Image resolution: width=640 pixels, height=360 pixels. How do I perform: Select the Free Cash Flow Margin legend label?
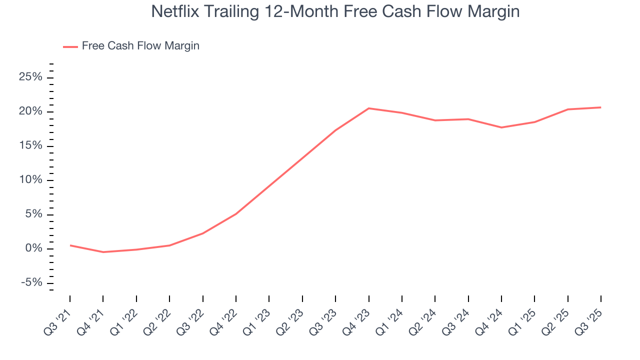click(140, 46)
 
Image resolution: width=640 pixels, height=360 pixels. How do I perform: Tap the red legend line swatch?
click(70, 46)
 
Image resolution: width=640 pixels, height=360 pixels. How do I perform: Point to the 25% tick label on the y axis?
click(30, 77)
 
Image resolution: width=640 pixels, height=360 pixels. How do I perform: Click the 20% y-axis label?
click(30, 111)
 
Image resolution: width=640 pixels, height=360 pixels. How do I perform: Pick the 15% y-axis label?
click(30, 146)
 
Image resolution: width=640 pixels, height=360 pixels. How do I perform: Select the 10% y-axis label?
click(30, 180)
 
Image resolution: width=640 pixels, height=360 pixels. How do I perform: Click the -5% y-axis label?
click(31, 283)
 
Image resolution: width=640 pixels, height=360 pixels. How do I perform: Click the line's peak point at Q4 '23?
click(368, 108)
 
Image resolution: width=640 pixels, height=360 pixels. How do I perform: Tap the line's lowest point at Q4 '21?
click(103, 252)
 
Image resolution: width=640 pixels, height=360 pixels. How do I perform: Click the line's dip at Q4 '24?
click(501, 127)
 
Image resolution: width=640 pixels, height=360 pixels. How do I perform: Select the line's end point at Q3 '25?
click(600, 107)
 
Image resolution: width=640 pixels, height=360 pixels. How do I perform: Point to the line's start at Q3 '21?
click(70, 245)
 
